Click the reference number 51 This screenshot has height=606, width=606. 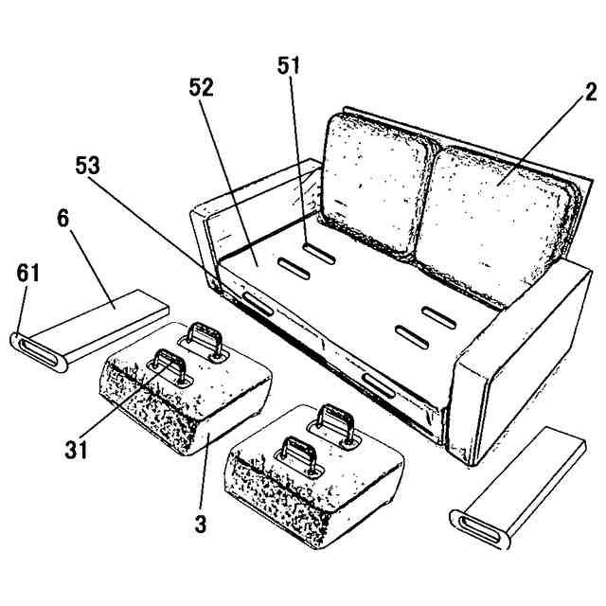pos(290,65)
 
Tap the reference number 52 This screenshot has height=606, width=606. pos(201,88)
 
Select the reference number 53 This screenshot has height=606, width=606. pos(88,166)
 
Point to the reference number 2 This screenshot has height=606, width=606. pos(590,92)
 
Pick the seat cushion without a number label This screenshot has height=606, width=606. pos(312,469)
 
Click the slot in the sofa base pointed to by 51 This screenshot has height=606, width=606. pos(318,253)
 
